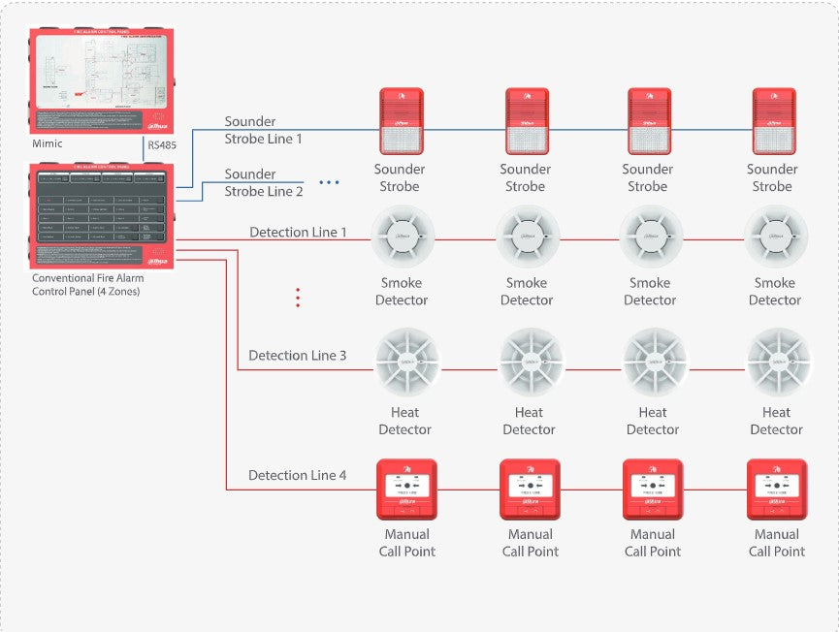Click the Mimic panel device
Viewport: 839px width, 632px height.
click(102, 80)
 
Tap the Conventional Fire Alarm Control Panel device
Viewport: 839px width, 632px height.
click(102, 215)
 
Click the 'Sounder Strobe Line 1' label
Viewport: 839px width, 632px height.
click(264, 130)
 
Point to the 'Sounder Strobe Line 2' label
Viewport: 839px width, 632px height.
click(264, 182)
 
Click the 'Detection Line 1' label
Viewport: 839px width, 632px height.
click(298, 233)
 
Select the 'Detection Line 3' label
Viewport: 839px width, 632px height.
click(297, 356)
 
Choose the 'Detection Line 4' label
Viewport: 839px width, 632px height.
click(297, 476)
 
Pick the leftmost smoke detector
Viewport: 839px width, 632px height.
click(403, 237)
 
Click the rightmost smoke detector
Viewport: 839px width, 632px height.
click(776, 237)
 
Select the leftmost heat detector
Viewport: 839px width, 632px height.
click(406, 362)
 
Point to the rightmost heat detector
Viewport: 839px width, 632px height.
click(778, 362)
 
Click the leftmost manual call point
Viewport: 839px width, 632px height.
click(407, 489)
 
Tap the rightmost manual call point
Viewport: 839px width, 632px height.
click(777, 489)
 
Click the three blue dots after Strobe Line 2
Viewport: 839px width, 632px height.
click(330, 182)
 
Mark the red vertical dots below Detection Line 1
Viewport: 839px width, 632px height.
click(298, 298)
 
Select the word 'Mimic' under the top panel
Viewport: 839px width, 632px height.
click(47, 143)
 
